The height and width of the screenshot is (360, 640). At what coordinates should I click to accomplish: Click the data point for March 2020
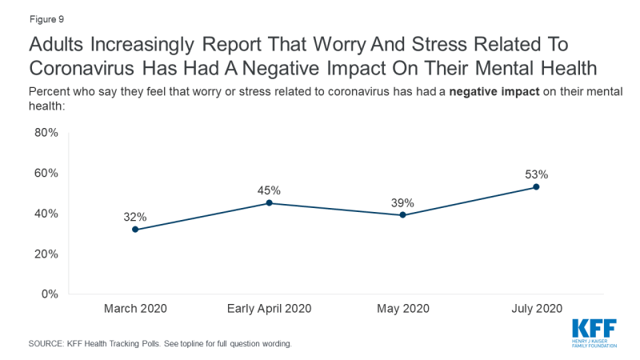click(x=135, y=230)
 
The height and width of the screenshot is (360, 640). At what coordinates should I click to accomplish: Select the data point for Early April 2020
click(x=269, y=203)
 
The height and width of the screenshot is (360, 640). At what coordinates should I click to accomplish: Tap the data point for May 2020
click(x=402, y=215)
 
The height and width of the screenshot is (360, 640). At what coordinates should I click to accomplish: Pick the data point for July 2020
click(x=536, y=187)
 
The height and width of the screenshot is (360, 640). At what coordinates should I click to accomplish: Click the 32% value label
click(x=135, y=216)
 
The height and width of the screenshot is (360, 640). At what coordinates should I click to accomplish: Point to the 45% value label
click(x=269, y=190)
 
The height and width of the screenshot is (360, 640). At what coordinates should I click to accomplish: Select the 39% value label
click(x=402, y=202)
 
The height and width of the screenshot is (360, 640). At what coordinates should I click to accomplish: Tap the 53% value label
click(x=536, y=174)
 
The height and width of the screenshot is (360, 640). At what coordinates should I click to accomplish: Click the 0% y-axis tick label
click(x=50, y=294)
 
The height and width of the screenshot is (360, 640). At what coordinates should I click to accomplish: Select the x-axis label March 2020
click(x=135, y=309)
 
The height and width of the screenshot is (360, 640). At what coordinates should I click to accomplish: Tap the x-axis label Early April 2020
click(x=269, y=309)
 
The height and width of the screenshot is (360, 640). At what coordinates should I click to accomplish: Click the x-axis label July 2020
click(x=536, y=309)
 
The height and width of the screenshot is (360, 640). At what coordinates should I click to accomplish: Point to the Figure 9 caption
click(x=30, y=14)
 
